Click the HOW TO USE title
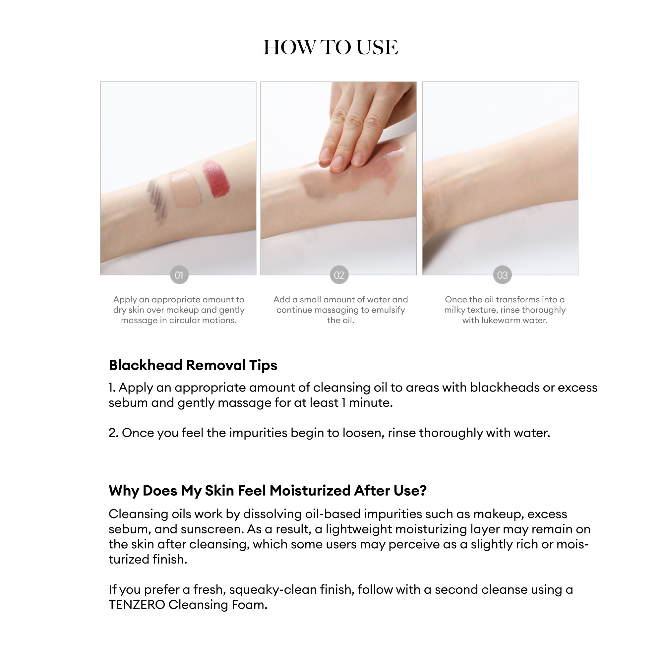point(331,47)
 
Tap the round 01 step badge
point(179,275)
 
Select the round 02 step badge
point(339,275)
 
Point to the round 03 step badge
point(503,275)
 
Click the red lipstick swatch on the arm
point(215,178)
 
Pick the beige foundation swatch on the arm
point(185,189)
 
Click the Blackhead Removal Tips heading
point(193,365)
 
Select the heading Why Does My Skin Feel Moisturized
point(268,491)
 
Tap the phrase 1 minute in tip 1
point(367,402)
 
